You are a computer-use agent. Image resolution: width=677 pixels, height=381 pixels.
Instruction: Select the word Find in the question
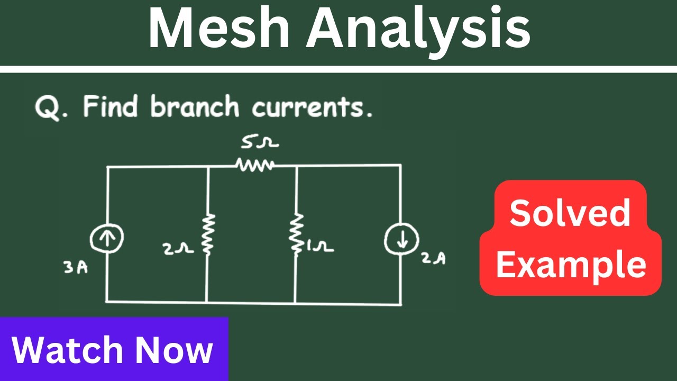click(111, 107)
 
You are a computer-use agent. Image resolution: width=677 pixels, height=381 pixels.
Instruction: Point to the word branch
click(195, 107)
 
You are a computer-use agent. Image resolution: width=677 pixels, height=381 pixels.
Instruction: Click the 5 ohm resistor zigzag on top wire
click(255, 165)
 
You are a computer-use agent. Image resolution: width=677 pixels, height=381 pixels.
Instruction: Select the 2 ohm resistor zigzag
click(207, 233)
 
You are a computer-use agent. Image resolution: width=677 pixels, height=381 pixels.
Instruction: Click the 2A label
click(434, 259)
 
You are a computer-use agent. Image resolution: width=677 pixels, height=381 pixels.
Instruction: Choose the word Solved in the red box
click(570, 213)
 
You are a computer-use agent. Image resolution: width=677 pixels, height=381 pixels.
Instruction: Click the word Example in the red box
click(571, 265)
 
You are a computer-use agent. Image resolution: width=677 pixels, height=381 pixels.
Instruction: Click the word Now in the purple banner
click(174, 350)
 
